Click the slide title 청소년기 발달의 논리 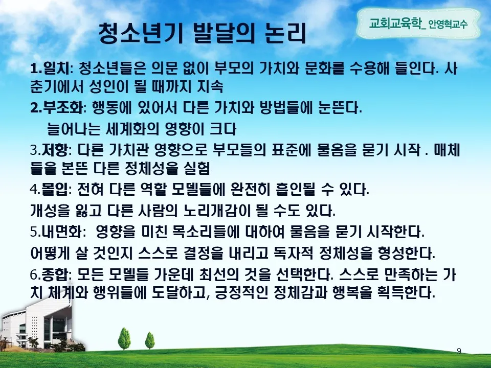(x=202, y=34)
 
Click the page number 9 (x=459, y=351)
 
